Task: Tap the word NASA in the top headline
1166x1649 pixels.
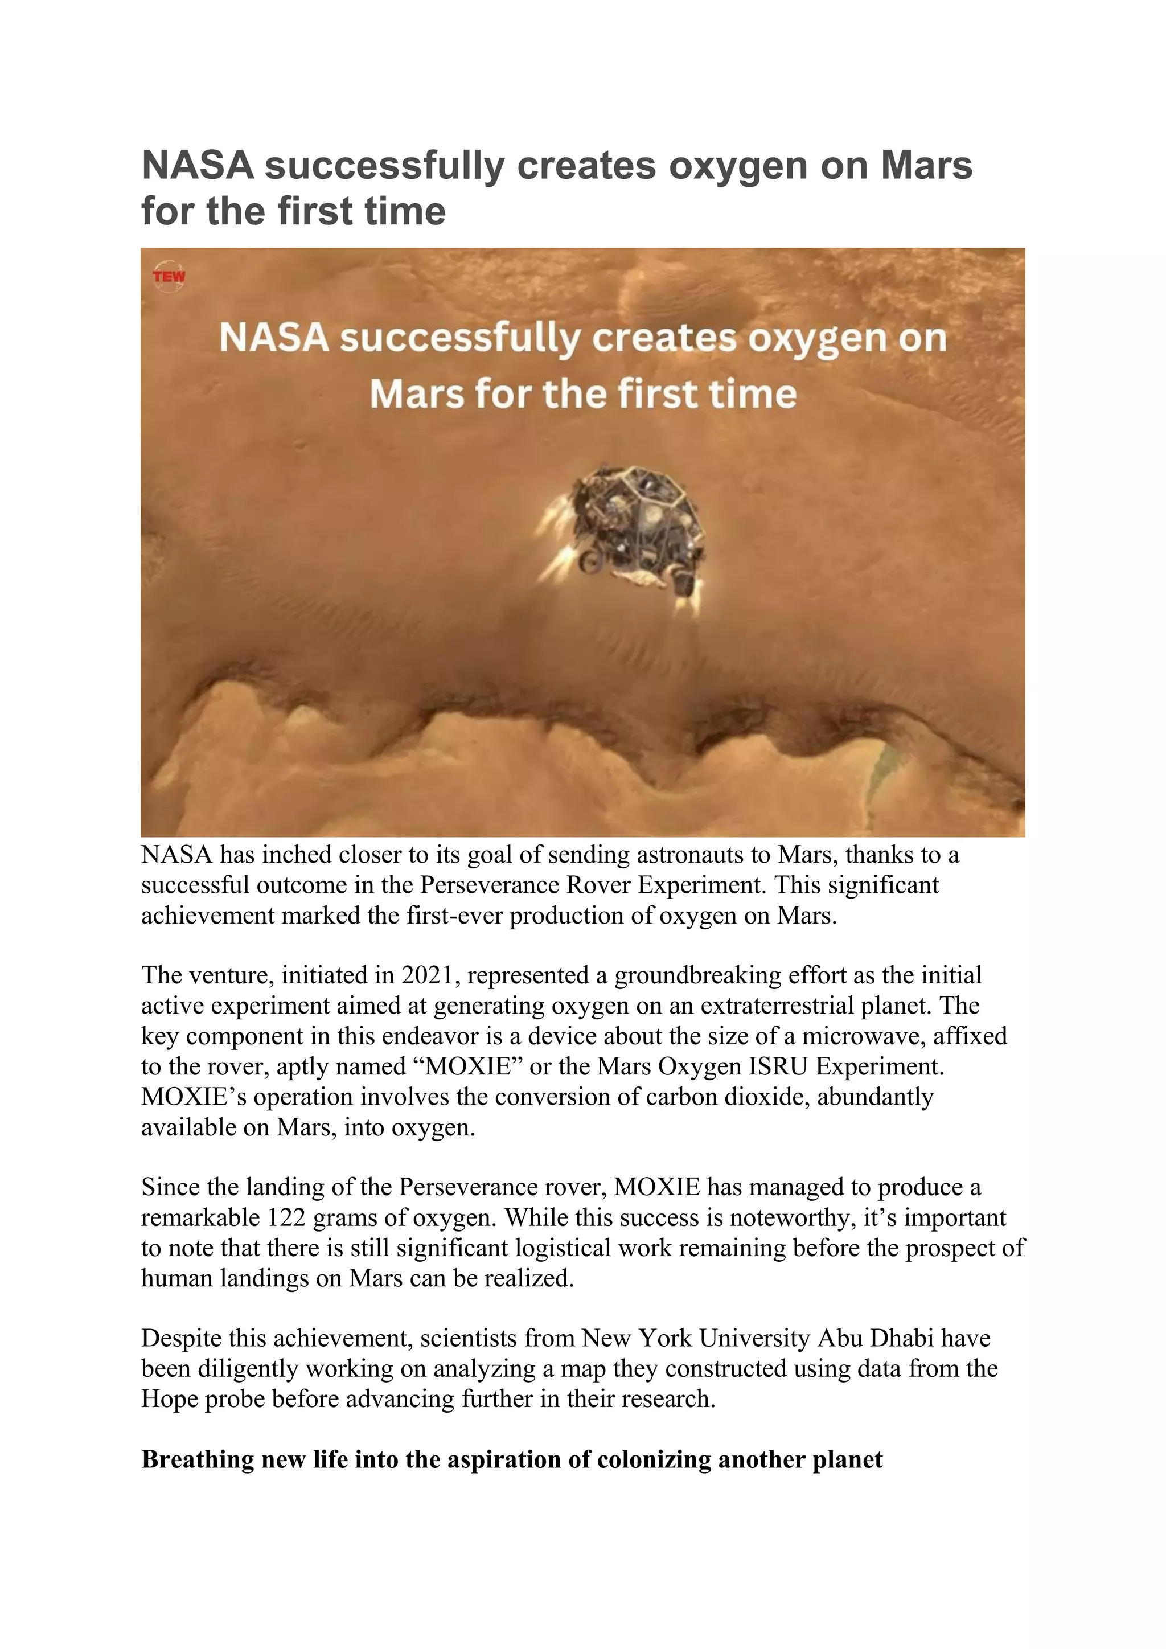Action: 198,165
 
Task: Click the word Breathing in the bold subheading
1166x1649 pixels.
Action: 198,1460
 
